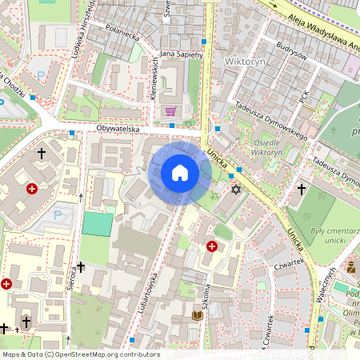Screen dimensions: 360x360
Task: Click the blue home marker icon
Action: (180, 173)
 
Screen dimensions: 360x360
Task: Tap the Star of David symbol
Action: (235, 190)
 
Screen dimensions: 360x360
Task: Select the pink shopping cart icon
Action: (170, 111)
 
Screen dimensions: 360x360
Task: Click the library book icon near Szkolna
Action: (197, 316)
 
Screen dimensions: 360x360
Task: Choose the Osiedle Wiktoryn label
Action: (273, 148)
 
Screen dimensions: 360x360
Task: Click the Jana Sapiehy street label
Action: (182, 54)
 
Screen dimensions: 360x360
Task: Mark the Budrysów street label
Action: (290, 51)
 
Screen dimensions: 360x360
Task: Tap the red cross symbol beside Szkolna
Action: (212, 247)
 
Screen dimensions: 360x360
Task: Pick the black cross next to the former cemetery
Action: (302, 190)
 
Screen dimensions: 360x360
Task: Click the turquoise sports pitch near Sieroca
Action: (98, 224)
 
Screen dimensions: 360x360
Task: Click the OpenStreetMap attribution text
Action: (81, 354)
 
